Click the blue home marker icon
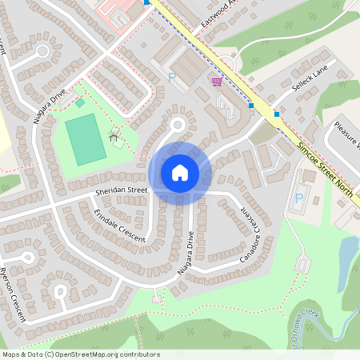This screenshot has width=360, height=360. click(x=180, y=172)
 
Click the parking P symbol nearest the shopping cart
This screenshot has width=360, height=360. click(x=171, y=78)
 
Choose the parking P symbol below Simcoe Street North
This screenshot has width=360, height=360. click(x=300, y=197)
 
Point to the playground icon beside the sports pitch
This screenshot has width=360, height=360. click(x=114, y=136)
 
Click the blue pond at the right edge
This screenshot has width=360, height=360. click(x=347, y=254)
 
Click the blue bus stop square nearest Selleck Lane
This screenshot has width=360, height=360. click(x=277, y=114)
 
